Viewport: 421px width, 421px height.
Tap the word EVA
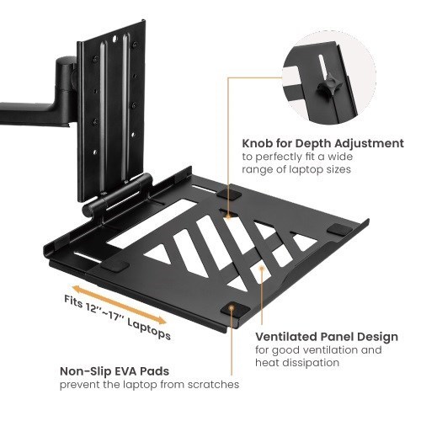(x=133, y=370)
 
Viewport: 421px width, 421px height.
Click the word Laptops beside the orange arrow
(x=149, y=329)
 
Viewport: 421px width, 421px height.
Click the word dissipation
(x=312, y=363)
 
